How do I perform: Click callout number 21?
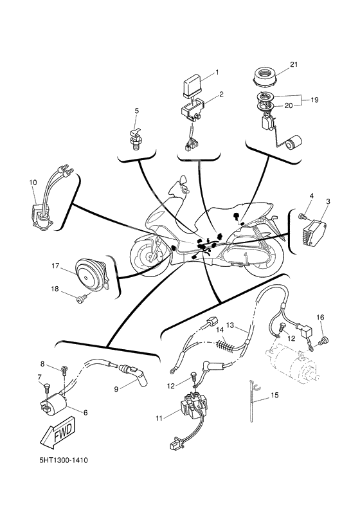coord(294,64)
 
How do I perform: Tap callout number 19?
coord(315,100)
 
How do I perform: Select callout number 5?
coord(136,111)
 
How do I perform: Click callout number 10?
coord(33,183)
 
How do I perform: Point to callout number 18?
coord(56,289)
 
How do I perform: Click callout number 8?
coord(42,364)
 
